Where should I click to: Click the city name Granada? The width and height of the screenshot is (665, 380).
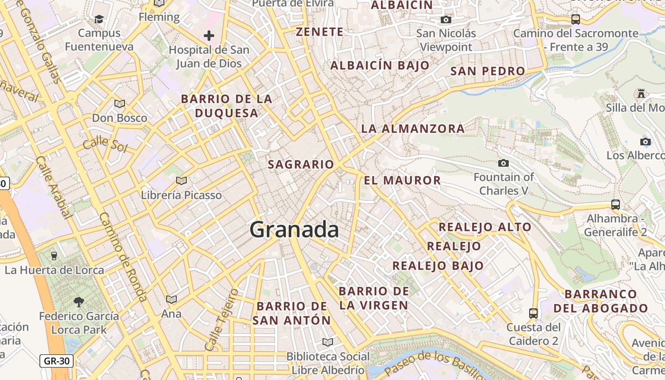[x=294, y=230]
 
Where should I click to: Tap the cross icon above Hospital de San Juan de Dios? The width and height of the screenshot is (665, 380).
[x=209, y=36]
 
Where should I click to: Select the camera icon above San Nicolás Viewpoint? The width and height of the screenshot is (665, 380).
[x=446, y=19]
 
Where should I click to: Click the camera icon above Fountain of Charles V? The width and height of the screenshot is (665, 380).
[x=503, y=163]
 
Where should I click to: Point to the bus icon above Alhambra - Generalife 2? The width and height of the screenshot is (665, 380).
[x=615, y=205]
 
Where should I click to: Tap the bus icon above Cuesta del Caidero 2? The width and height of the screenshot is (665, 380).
[x=533, y=313]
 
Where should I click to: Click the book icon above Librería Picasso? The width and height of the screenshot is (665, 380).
[x=181, y=180]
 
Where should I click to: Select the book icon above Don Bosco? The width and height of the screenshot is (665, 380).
[x=119, y=104]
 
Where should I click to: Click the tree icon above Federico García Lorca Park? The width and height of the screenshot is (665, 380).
[x=79, y=302]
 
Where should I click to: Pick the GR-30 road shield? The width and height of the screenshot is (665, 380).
[x=57, y=361]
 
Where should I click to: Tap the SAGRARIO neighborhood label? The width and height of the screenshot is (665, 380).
[x=301, y=165]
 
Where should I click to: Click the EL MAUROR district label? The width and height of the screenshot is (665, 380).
[x=402, y=180]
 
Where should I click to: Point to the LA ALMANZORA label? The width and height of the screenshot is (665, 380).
[x=413, y=129]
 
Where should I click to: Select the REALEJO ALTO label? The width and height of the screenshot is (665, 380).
[x=484, y=227]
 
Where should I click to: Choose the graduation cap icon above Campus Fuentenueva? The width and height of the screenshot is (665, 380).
[x=99, y=19]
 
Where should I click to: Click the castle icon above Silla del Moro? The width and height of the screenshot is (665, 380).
[x=641, y=94]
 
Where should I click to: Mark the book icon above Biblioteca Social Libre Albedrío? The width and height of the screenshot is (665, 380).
[x=327, y=342]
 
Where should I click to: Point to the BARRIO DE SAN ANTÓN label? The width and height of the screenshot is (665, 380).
[x=291, y=313]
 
